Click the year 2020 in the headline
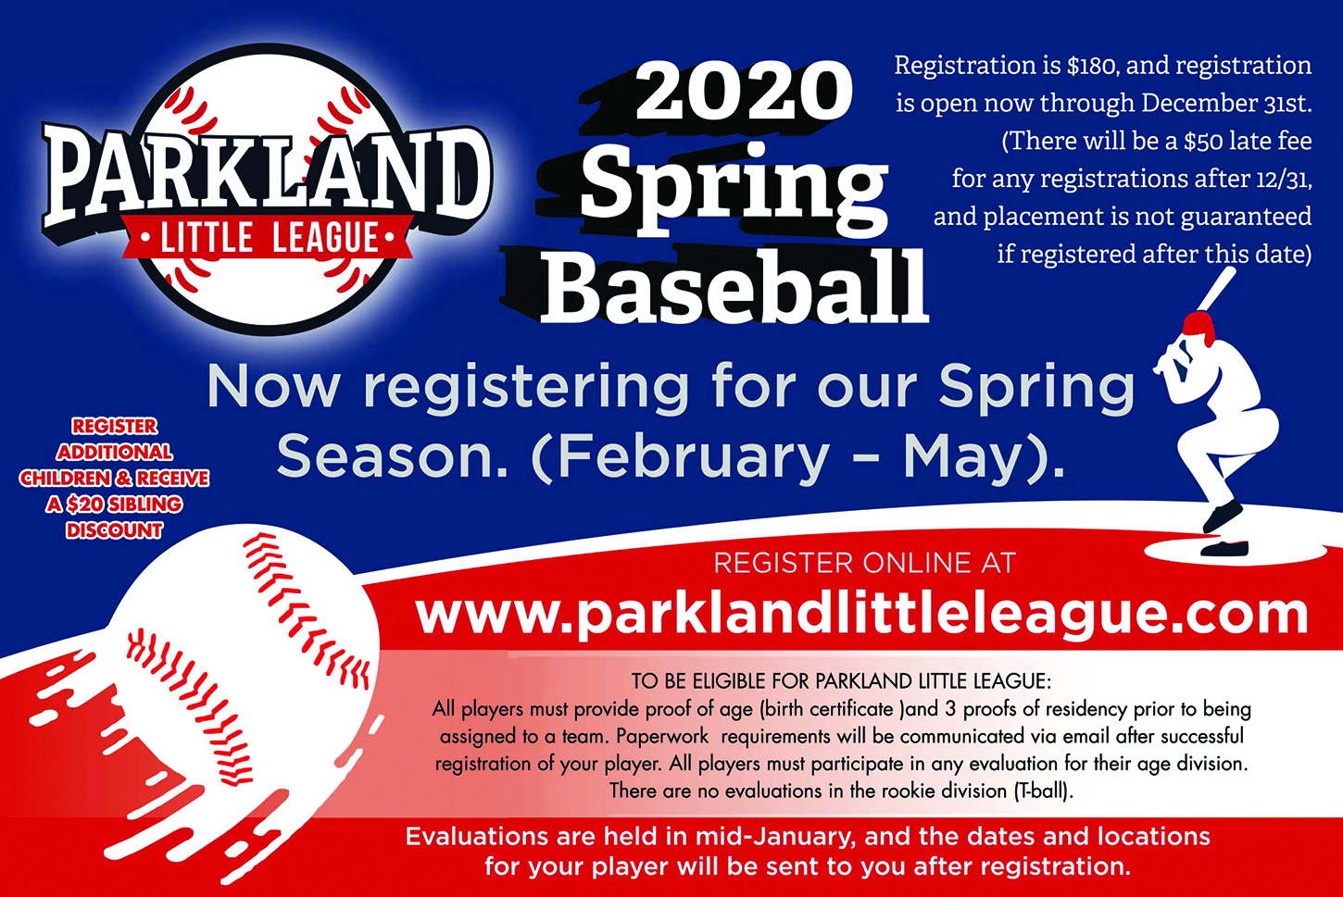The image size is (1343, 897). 743,91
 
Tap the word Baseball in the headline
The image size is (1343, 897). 734,286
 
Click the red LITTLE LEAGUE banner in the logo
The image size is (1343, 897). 268,237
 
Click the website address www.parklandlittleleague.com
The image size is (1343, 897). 861,616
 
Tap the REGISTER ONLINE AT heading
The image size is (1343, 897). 864,563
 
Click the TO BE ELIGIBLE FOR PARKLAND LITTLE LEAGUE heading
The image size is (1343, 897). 841,681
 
